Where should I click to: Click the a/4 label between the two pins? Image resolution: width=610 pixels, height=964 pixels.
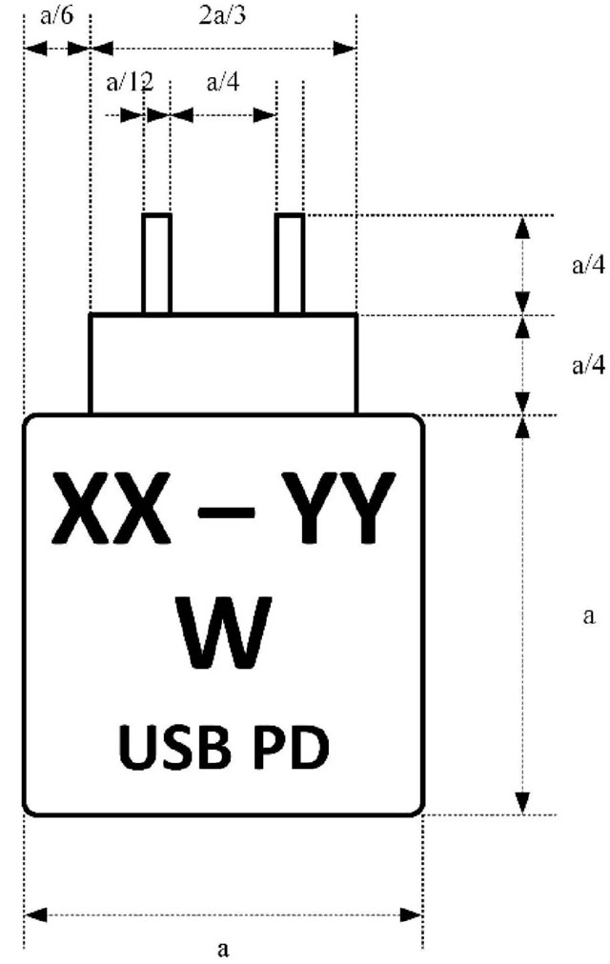tap(223, 82)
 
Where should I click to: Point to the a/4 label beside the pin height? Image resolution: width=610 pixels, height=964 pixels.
tap(587, 265)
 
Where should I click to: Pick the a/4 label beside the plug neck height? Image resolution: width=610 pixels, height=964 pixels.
tap(587, 365)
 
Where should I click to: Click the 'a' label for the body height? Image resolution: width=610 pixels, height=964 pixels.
tap(588, 615)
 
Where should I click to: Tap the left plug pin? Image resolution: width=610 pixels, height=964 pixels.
tap(156, 264)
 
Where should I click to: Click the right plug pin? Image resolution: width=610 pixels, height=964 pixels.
tap(290, 264)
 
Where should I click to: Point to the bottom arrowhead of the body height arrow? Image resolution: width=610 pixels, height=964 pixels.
tap(522, 802)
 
